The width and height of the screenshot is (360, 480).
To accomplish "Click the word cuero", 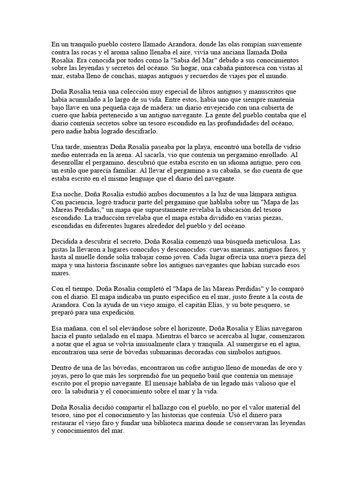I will (60, 115).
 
